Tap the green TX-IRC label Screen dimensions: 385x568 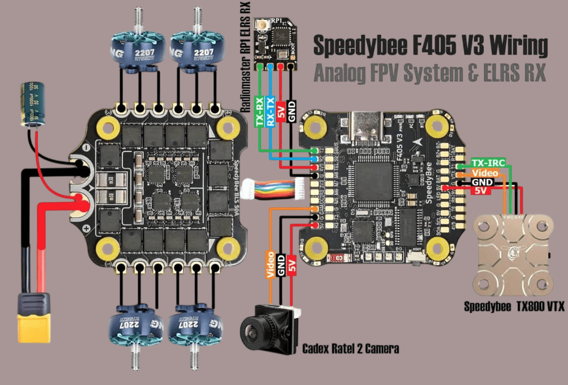488,163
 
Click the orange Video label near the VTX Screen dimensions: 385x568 485,173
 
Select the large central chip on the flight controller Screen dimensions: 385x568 374,181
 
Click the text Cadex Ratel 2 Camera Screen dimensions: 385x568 351,349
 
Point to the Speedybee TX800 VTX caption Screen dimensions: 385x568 514,307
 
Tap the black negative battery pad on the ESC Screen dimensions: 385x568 81,167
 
